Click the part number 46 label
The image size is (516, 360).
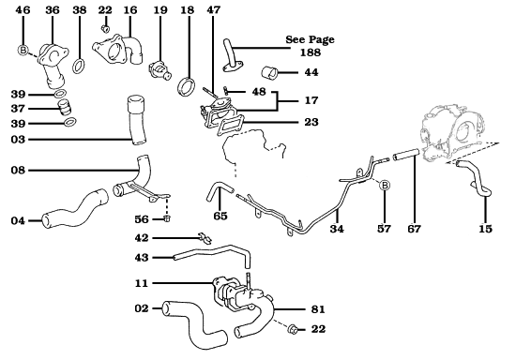click(x=23, y=9)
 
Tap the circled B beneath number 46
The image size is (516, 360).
click(x=23, y=50)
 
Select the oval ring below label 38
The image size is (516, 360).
click(x=80, y=67)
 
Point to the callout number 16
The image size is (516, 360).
click(x=129, y=9)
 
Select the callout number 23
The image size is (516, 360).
click(x=311, y=122)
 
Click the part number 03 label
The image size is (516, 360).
click(x=18, y=140)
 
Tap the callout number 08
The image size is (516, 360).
click(x=18, y=172)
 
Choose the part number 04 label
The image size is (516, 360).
click(x=18, y=220)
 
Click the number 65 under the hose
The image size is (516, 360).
click(x=220, y=216)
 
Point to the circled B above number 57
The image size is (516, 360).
click(x=384, y=186)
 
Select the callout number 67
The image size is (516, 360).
click(x=414, y=228)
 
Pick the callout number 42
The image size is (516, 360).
click(x=142, y=239)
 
